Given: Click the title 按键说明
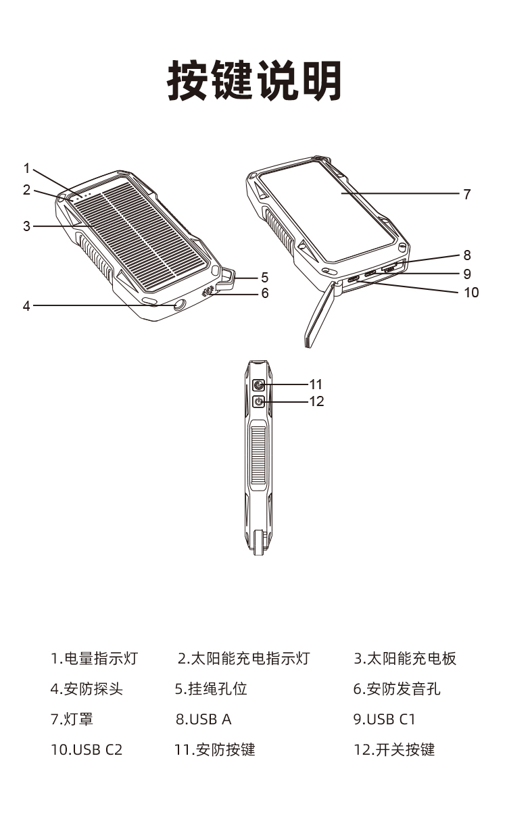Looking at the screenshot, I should click(254, 82).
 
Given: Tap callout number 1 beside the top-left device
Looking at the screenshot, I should click(27, 168).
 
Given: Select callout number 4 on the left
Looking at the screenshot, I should click(27, 306).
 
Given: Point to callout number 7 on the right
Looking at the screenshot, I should click(466, 195).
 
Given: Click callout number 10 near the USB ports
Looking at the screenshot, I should click(470, 293).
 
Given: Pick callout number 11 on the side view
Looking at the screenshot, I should click(316, 384).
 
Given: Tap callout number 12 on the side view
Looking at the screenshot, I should click(316, 401).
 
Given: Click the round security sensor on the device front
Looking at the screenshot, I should click(179, 305).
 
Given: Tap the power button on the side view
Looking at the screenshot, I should click(258, 402).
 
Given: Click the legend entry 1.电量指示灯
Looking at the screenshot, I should click(95, 658).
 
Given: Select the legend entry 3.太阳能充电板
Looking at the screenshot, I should click(405, 658).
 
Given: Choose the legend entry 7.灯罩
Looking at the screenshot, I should click(72, 719).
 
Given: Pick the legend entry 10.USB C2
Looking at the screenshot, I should click(87, 749).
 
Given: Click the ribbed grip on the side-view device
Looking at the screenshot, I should click(258, 456).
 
